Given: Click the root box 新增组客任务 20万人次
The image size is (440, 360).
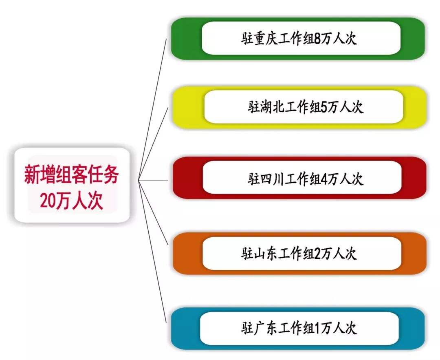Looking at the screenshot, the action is (x=72, y=186).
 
